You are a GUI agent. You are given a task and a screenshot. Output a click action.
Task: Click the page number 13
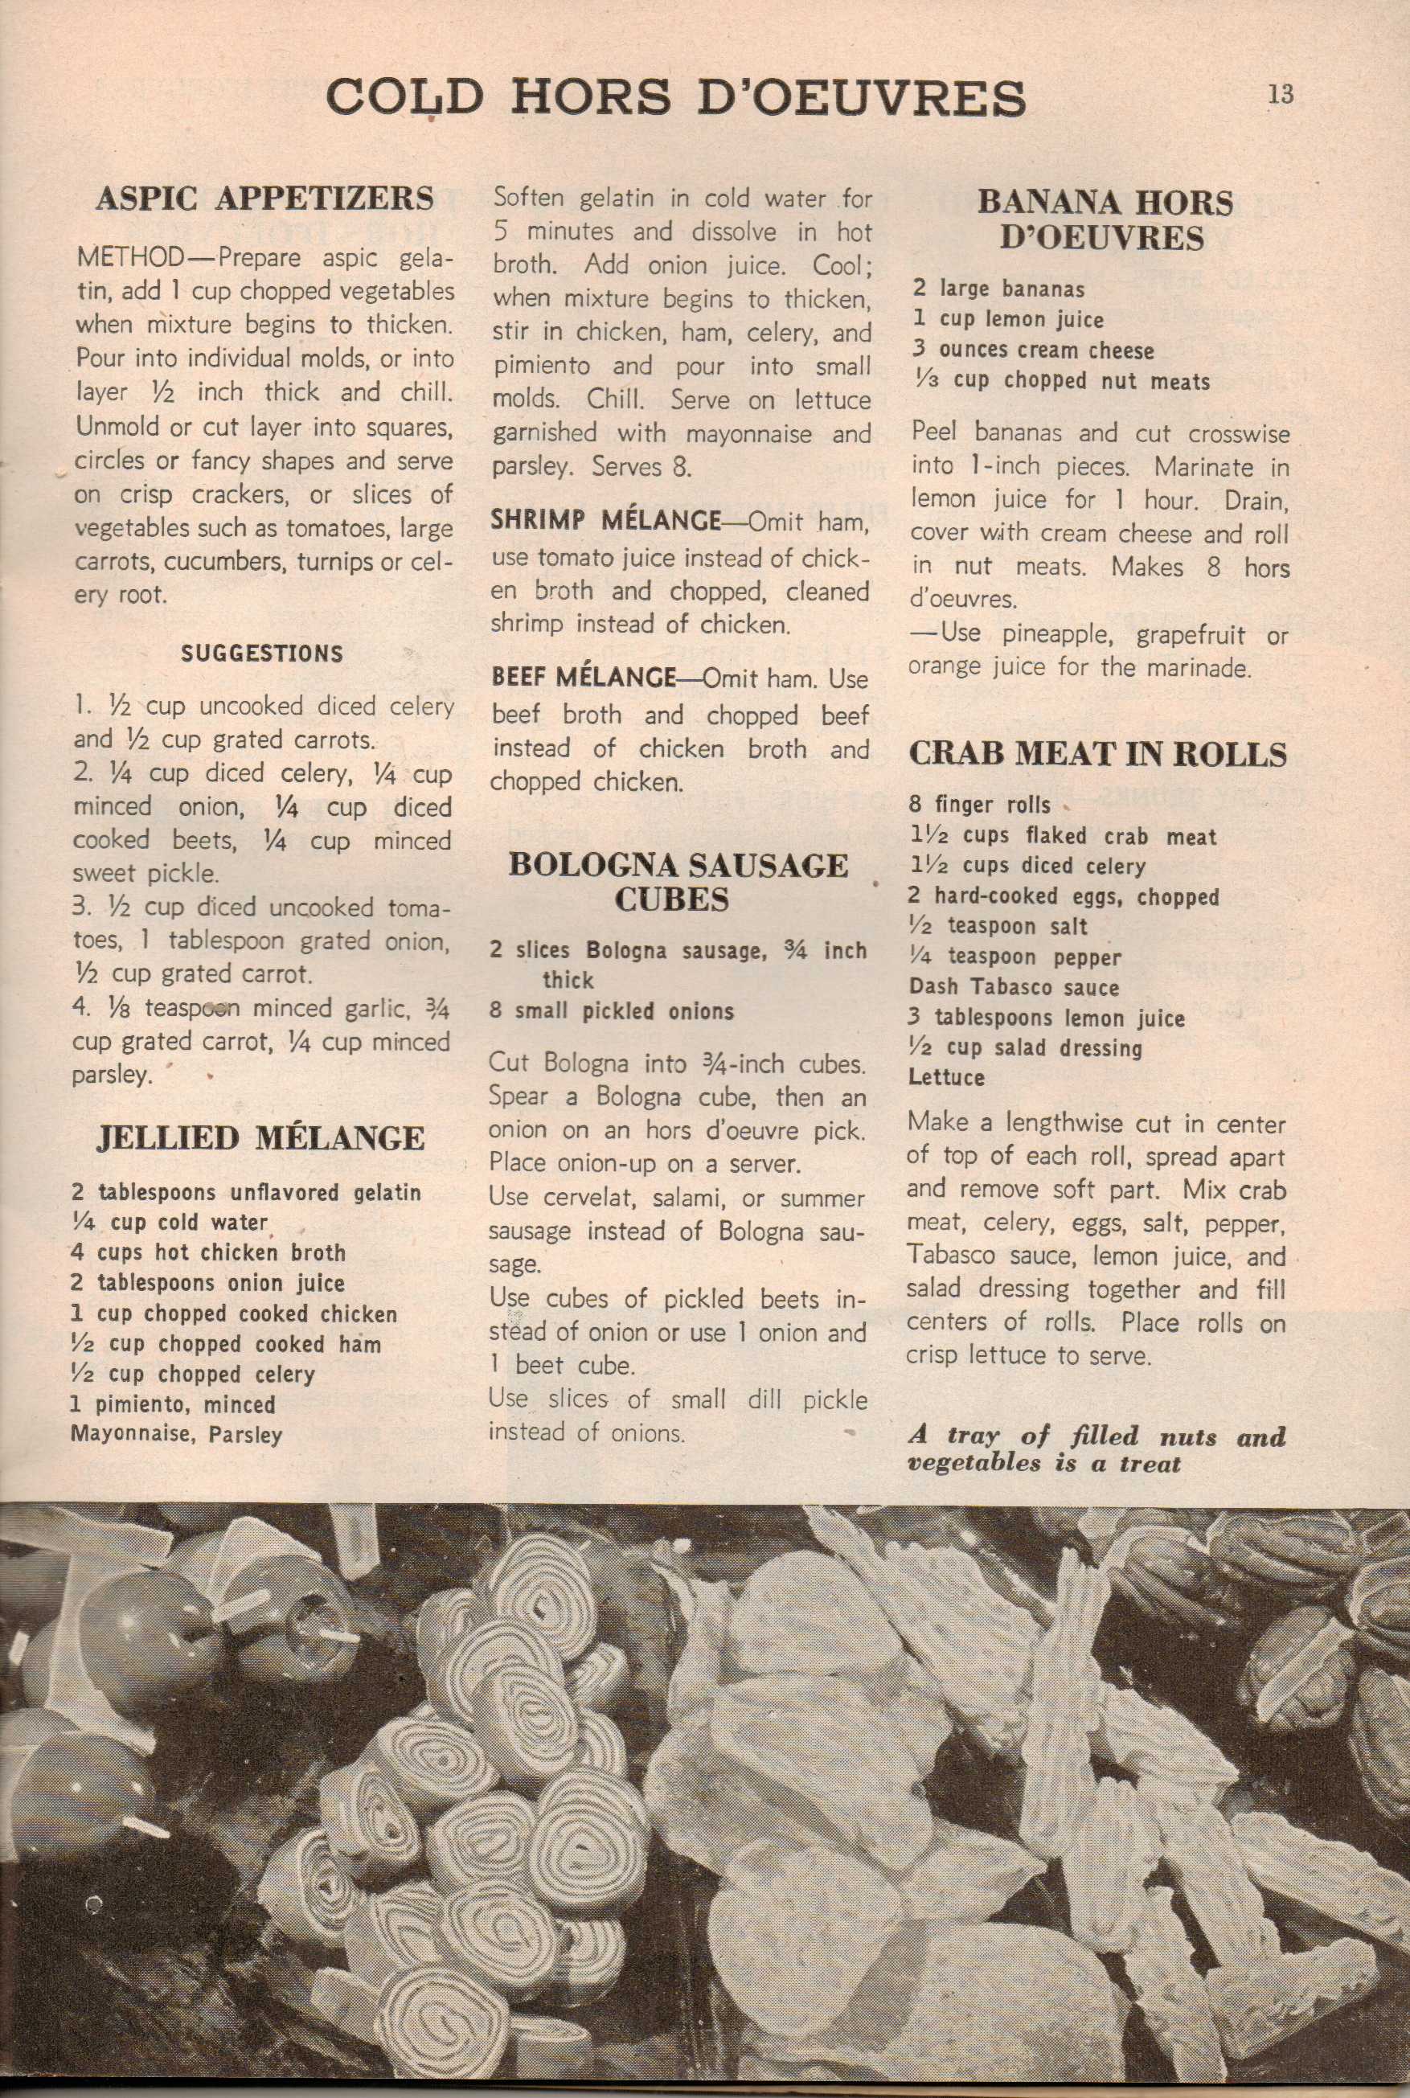tap(1281, 94)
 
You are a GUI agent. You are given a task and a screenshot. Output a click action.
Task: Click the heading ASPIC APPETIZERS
tap(264, 199)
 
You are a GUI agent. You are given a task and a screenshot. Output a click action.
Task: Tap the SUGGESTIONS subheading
tap(262, 654)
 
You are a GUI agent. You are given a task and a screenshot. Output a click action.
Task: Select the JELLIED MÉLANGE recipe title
tap(260, 1138)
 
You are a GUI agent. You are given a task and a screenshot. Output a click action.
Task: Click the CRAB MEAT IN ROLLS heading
tap(1098, 753)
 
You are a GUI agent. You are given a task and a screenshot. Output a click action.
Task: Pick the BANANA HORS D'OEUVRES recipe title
tap(1105, 219)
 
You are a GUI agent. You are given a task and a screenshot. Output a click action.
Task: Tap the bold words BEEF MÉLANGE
tap(583, 678)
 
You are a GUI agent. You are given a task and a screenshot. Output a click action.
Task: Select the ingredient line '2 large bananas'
tap(998, 289)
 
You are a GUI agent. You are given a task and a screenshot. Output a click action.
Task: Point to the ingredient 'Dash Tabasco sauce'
tap(1014, 987)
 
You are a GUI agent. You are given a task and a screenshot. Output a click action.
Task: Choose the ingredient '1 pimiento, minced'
tap(173, 1404)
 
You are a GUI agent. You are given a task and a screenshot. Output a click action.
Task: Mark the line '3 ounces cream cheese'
tap(1033, 350)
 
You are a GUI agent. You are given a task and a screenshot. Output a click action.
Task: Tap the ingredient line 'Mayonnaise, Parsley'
tap(176, 1434)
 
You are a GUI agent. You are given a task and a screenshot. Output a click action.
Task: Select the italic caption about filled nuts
tap(1096, 1449)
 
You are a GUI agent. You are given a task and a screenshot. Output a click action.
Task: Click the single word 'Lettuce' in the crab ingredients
tap(946, 1077)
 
